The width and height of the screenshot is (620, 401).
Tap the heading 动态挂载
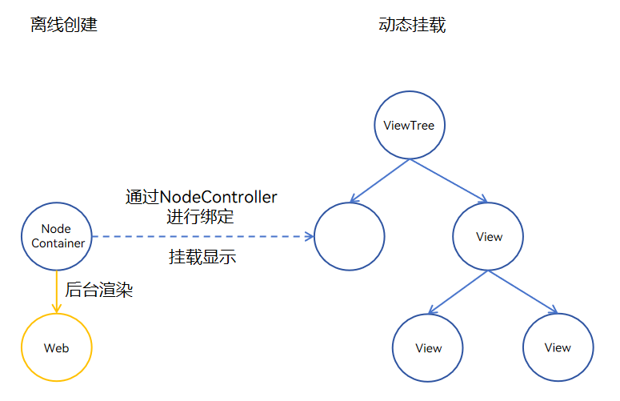pyautogui.click(x=412, y=25)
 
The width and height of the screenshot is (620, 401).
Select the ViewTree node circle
pyautogui.click(x=410, y=126)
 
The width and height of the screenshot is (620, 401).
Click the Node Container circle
pyautogui.click(x=57, y=236)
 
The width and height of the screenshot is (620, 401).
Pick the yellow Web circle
pyautogui.click(x=57, y=348)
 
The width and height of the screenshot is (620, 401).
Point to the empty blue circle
pyautogui.click(x=350, y=237)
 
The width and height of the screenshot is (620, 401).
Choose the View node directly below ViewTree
pyautogui.click(x=489, y=237)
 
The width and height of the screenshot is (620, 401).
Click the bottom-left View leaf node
pyautogui.click(x=428, y=348)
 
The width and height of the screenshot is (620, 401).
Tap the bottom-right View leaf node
pyautogui.click(x=558, y=347)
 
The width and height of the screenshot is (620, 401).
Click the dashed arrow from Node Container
pyautogui.click(x=200, y=237)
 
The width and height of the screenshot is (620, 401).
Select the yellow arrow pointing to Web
pyautogui.click(x=57, y=291)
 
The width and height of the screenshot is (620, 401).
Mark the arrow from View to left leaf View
pyautogui.click(x=458, y=292)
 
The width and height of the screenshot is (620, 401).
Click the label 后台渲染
pyautogui.click(x=98, y=291)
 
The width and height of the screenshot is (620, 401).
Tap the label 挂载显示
pyautogui.click(x=202, y=258)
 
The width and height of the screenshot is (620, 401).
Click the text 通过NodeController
pyautogui.click(x=202, y=197)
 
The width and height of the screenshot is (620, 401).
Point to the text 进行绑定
pyautogui.click(x=201, y=216)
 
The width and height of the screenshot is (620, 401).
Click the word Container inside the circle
pyautogui.click(x=58, y=243)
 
